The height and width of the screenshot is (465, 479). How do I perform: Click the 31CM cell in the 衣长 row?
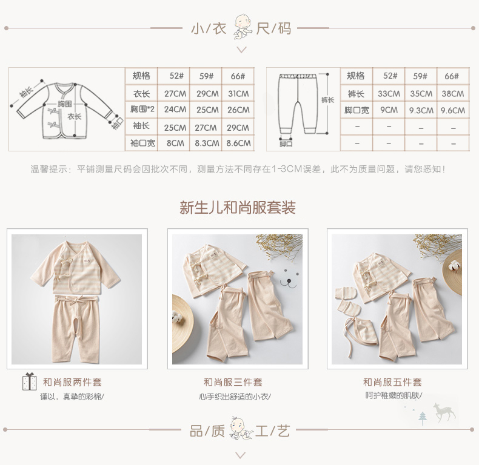tap(238, 94)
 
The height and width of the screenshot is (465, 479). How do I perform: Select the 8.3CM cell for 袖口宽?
tap(207, 143)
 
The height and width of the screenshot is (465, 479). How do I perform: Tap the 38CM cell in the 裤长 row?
tap(453, 94)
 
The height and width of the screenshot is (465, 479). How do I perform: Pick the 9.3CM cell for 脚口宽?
tap(421, 110)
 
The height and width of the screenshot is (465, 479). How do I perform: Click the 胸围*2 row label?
tap(142, 109)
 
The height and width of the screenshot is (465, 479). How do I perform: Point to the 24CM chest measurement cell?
tap(175, 110)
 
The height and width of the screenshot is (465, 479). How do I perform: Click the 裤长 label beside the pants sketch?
tap(327, 100)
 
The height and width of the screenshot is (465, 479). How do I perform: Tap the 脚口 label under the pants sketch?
tap(286, 143)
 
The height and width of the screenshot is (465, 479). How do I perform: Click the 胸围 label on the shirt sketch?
tap(65, 104)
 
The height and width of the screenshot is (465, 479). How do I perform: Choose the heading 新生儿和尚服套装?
tap(238, 208)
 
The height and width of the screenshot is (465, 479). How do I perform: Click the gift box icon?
tap(29, 381)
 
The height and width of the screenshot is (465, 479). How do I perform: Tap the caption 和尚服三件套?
tap(233, 382)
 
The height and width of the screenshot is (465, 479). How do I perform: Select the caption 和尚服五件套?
tap(392, 382)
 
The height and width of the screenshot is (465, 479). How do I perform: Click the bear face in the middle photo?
tap(289, 279)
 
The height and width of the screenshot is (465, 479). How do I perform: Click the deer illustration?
tap(444, 412)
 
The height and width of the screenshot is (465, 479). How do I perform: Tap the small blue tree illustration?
tap(423, 418)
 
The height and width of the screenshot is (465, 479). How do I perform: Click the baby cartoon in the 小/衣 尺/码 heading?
tap(243, 27)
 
